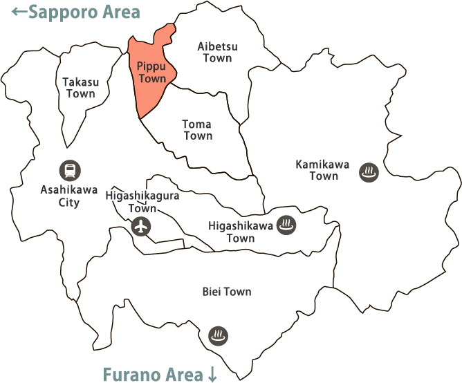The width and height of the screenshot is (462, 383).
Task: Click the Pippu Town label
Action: pos(152,73)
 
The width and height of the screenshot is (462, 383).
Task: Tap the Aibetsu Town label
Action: pos(217,53)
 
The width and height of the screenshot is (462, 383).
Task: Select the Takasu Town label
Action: pos(80,88)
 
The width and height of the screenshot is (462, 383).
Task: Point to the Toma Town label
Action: pos(197,130)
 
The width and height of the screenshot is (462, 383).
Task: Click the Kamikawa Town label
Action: pos(323,170)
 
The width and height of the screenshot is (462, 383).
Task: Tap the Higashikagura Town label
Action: pos(142,202)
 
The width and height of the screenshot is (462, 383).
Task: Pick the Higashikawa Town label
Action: pos(241,232)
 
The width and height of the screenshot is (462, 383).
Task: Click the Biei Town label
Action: pos(228,292)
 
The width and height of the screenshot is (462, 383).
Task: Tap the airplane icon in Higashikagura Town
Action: pos(141,226)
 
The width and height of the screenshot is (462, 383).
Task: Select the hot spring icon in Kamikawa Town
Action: pos(369,172)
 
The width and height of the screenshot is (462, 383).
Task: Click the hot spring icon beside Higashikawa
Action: pos(286,225)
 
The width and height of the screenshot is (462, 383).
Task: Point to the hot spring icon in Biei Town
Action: pos(219,336)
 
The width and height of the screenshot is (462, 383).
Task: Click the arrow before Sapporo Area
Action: pos(20,12)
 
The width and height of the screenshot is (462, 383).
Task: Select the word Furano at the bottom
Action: pos(131,374)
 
